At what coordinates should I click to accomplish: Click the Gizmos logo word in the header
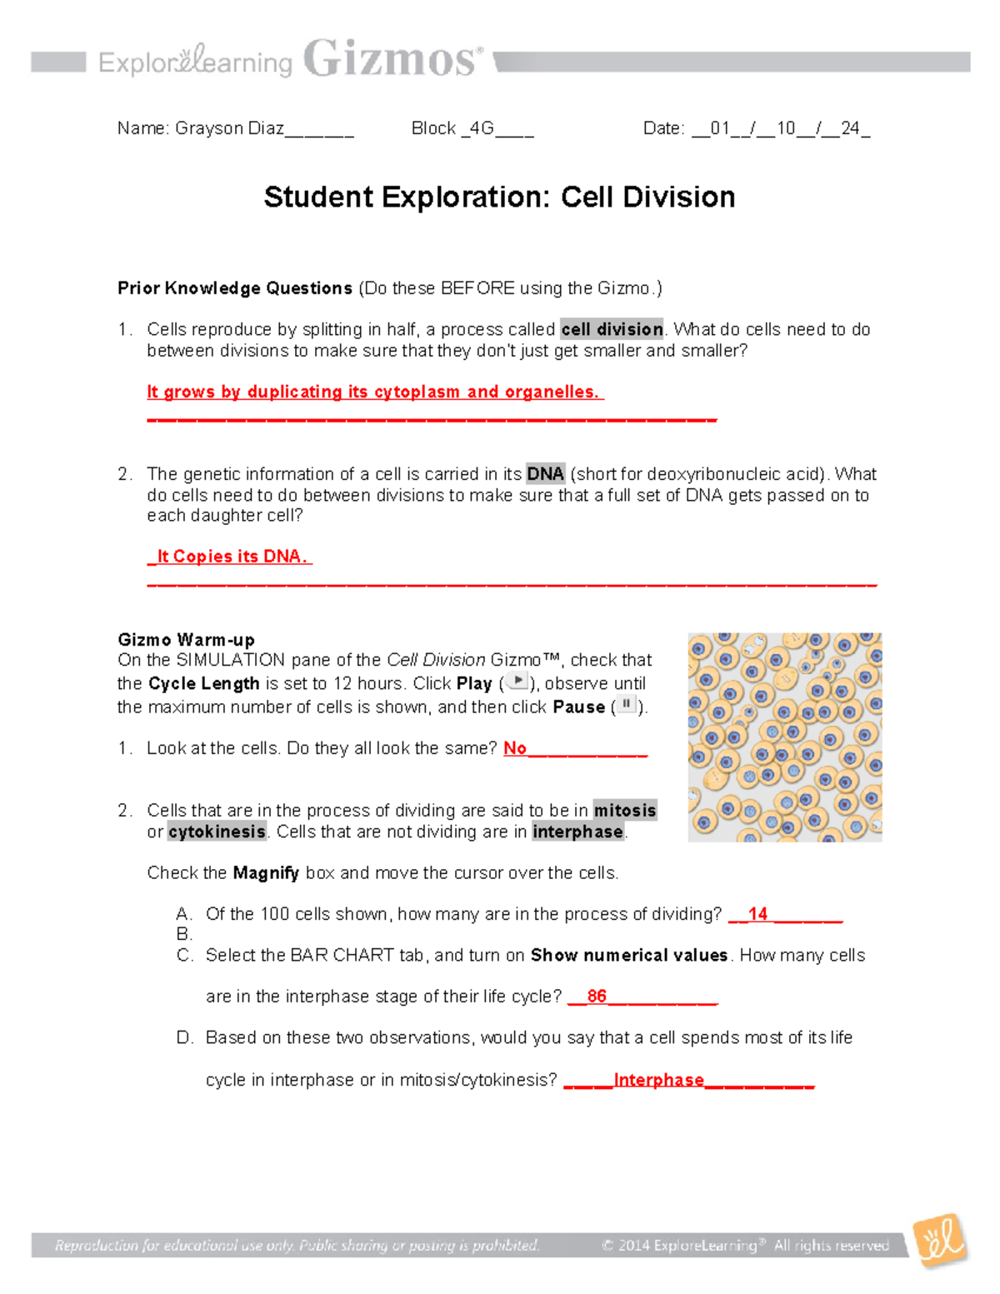point(390,60)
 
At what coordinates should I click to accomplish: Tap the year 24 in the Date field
point(849,128)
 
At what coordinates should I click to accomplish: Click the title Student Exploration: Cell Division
point(499,197)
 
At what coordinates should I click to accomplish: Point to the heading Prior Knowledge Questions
point(235,288)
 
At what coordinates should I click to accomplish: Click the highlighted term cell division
point(612,329)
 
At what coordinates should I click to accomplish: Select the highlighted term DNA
point(545,474)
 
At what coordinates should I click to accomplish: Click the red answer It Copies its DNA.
point(231,557)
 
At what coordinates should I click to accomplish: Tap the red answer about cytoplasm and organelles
point(372,392)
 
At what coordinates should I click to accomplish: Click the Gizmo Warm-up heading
point(186,640)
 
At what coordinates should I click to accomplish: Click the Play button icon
point(517,682)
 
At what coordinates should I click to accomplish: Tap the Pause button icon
point(626,705)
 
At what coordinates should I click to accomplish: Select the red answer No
point(515,748)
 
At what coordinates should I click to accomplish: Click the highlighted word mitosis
point(624,811)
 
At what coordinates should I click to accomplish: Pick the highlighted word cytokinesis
point(217,832)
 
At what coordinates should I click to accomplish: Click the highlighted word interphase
point(577,832)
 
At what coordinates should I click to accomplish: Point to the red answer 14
point(757,914)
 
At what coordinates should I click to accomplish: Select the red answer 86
point(597,997)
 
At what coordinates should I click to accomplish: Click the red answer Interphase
point(658,1080)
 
